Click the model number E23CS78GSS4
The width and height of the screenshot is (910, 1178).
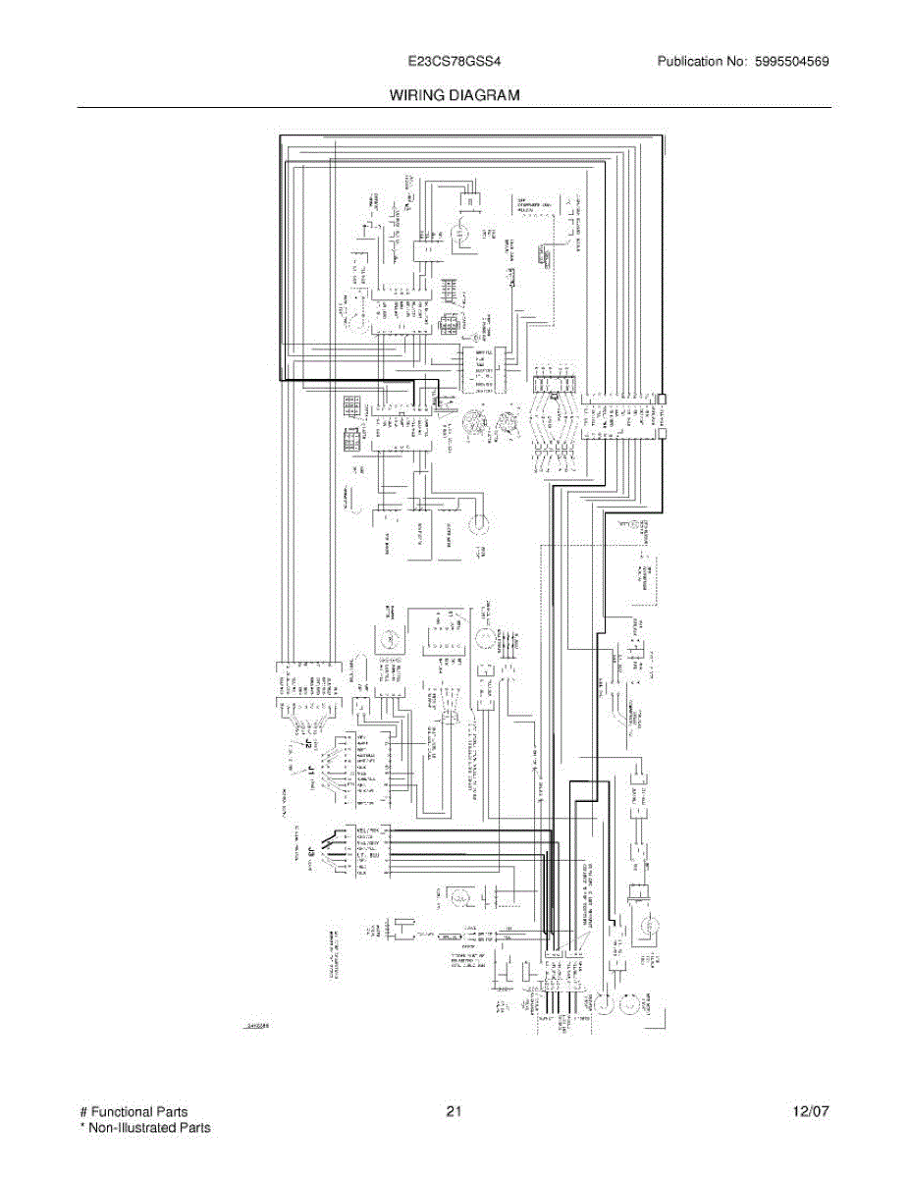(x=455, y=61)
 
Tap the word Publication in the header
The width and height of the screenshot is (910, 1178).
(x=691, y=61)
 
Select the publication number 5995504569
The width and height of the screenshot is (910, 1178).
(x=793, y=61)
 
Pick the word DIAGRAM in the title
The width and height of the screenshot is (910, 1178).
(x=486, y=95)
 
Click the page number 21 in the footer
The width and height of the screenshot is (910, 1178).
(x=454, y=1112)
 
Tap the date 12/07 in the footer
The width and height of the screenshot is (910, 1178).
(x=811, y=1112)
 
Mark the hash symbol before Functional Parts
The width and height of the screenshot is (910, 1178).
(x=82, y=1112)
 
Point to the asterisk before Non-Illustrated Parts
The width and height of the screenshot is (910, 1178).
(x=82, y=1127)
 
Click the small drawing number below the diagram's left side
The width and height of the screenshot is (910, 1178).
(x=257, y=1027)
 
